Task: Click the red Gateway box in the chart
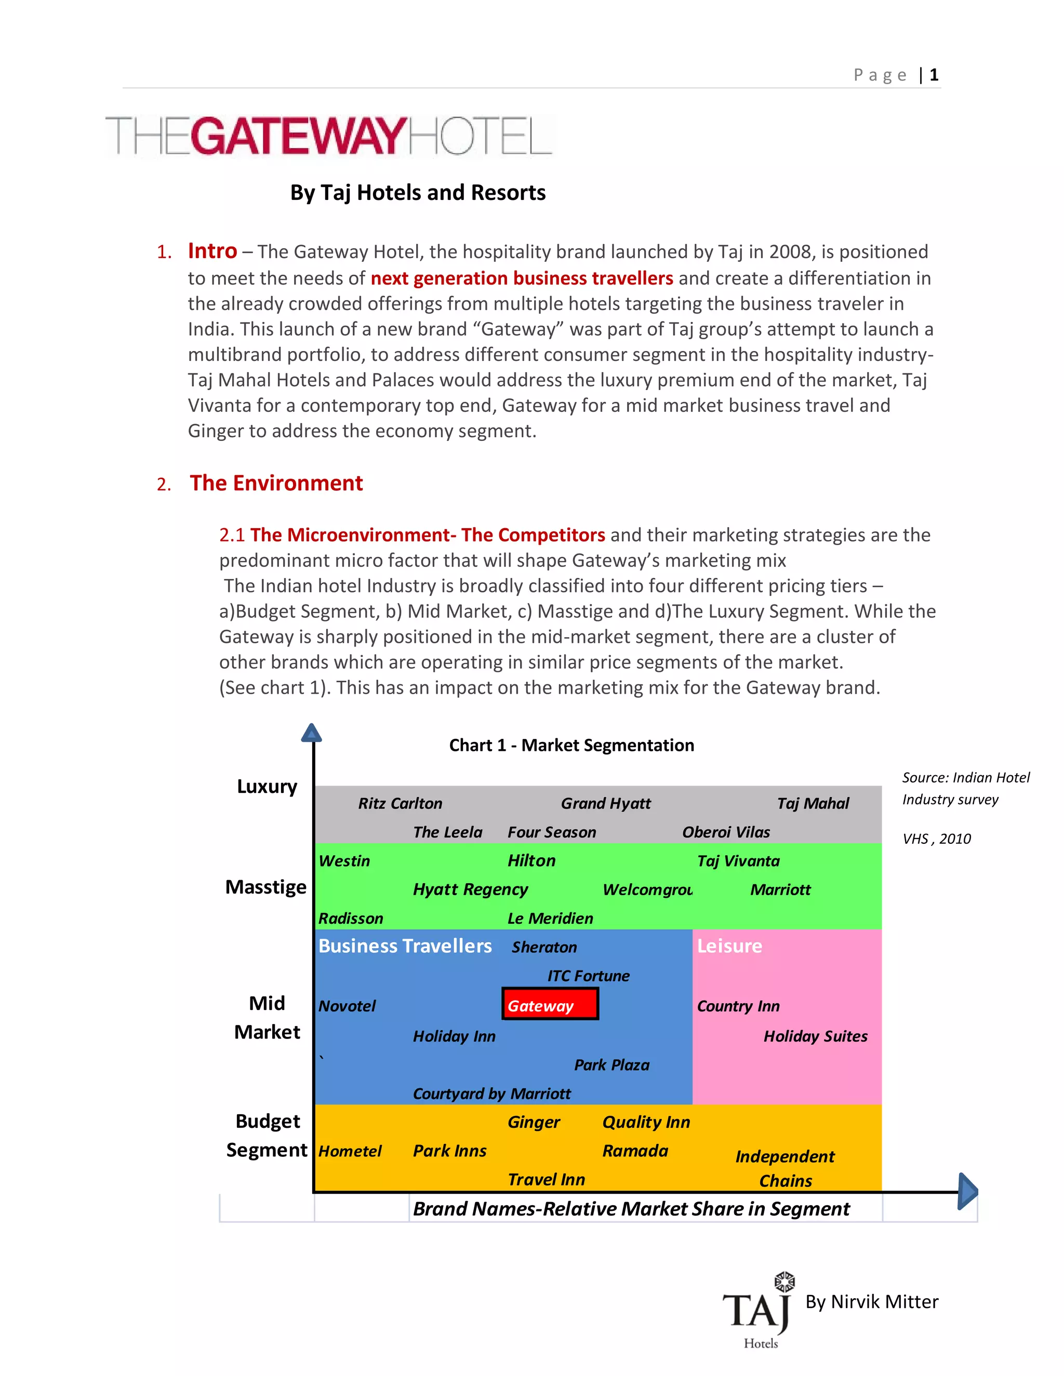pyautogui.click(x=550, y=1004)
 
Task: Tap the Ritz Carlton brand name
pyautogui.click(x=400, y=803)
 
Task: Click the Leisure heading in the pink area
pyautogui.click(x=729, y=946)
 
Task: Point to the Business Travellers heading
pyautogui.click(x=405, y=946)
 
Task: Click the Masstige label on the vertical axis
pyautogui.click(x=265, y=887)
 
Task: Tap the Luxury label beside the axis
pyautogui.click(x=267, y=786)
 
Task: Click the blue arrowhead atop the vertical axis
pyautogui.click(x=311, y=733)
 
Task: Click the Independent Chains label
pyautogui.click(x=785, y=1168)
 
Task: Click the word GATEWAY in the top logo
pyautogui.click(x=298, y=136)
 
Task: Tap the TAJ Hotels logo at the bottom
pyautogui.click(x=759, y=1312)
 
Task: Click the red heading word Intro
pyautogui.click(x=212, y=251)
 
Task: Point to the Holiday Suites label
pyautogui.click(x=815, y=1036)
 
